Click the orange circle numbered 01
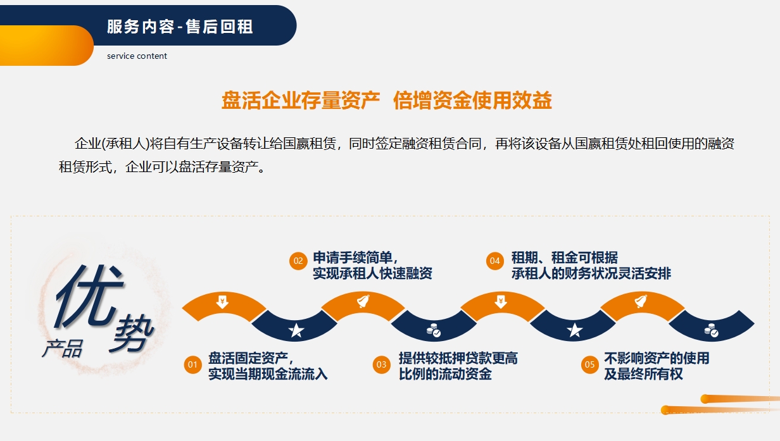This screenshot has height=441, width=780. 192,365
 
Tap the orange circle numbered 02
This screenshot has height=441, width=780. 298,261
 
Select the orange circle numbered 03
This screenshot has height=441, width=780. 381,365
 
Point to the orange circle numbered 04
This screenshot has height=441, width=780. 495,261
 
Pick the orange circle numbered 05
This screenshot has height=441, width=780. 589,365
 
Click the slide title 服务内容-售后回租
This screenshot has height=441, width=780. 180,27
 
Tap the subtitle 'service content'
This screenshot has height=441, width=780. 137,56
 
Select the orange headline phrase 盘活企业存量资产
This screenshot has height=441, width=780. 301,100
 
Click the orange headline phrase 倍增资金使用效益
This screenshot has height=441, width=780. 472,100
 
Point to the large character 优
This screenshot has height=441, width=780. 89,296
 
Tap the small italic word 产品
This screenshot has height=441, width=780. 63,349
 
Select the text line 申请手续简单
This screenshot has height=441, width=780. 355,258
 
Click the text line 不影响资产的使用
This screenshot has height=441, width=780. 657,358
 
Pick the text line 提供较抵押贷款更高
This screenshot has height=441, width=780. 458,358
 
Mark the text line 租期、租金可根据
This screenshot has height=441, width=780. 565,258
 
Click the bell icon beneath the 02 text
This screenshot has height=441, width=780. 363,301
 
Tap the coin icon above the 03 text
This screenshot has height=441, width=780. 434,330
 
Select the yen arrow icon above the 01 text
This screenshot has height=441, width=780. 222,302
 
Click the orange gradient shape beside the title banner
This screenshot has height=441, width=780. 46,46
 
